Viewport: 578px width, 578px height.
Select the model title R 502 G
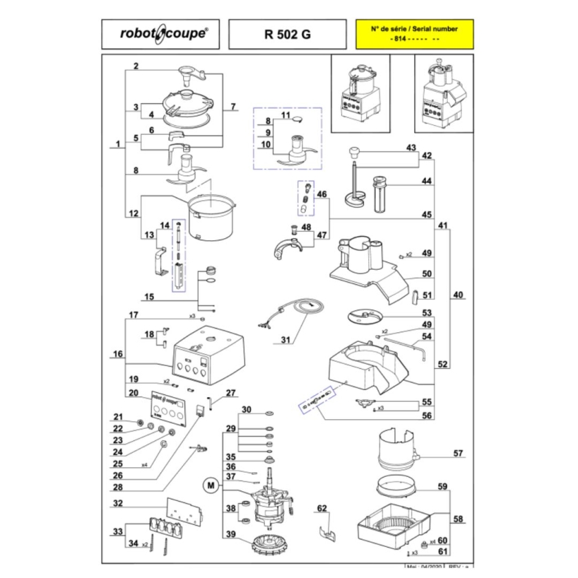[x=286, y=34]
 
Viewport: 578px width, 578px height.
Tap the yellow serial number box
[x=414, y=34]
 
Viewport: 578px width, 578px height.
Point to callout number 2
[x=136, y=67]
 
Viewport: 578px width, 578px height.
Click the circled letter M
[x=210, y=486]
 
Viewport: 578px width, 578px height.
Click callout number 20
[x=134, y=393]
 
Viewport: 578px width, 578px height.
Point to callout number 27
[x=231, y=393]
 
